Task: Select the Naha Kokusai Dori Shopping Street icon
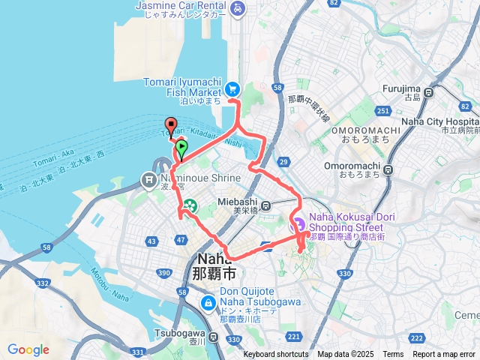(298, 222)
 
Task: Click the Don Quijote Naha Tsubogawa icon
(208, 303)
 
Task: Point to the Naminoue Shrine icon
(148, 179)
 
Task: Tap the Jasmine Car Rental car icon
(237, 9)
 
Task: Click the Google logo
(28, 349)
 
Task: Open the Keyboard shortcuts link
(275, 354)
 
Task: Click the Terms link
(393, 354)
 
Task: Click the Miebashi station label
(238, 202)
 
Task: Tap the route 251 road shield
(383, 111)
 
